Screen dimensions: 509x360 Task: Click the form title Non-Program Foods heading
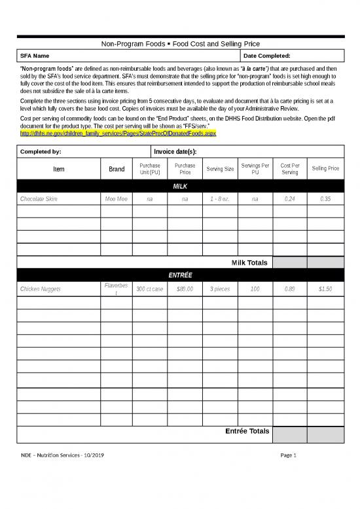point(179,43)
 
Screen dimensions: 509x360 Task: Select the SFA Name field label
point(34,56)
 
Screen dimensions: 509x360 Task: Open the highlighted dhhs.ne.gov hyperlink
point(118,133)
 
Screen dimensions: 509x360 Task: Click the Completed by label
point(41,151)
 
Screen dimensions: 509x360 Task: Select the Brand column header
point(117,169)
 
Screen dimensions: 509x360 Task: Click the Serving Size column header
point(220,169)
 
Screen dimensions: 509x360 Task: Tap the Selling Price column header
point(325,169)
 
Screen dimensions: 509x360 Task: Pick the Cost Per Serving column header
point(289,169)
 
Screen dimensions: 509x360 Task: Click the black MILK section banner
point(179,187)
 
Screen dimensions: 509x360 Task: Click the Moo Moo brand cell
point(117,199)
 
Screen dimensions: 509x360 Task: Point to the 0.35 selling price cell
point(325,199)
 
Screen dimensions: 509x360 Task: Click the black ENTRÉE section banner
point(179,275)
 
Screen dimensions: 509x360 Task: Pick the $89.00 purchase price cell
point(185,289)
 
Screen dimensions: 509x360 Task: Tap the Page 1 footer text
point(289,455)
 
